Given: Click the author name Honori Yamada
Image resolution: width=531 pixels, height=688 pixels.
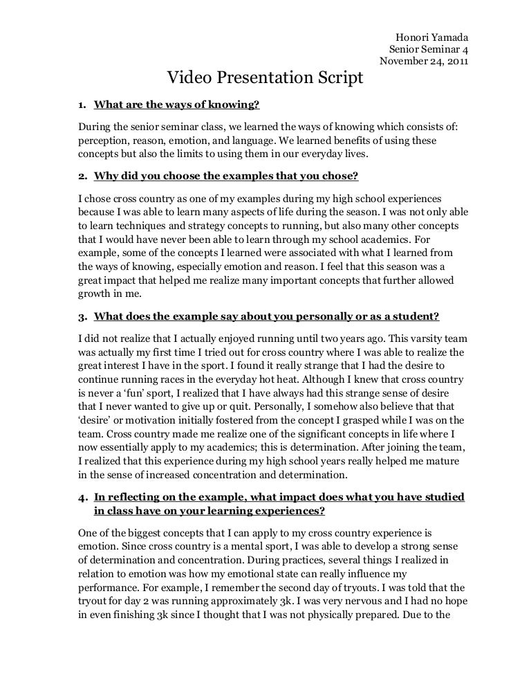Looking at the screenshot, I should tap(431, 37).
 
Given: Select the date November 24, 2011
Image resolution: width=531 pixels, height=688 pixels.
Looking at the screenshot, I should tap(424, 61).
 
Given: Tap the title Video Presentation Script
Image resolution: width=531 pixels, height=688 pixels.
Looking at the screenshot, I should tap(265, 78).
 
